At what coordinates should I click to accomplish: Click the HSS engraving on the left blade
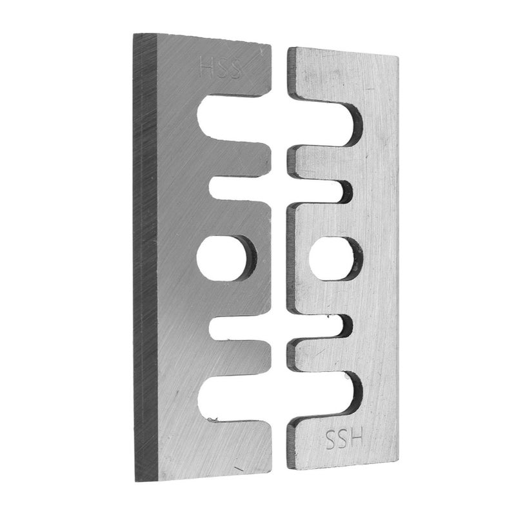click(220, 68)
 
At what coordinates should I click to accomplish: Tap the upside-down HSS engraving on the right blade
click(344, 439)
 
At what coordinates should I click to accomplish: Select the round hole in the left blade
click(226, 259)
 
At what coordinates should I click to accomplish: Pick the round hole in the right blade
click(335, 259)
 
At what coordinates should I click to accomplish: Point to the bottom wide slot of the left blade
click(234, 399)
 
